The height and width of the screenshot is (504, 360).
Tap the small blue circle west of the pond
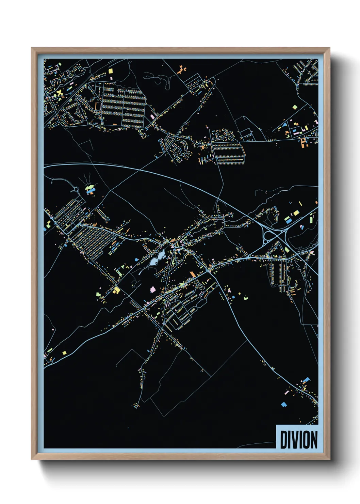pyautogui.click(x=136, y=260)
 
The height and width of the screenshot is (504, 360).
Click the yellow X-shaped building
pyautogui.click(x=60, y=92)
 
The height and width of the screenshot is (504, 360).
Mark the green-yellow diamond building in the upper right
pyautogui.click(x=295, y=107)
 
